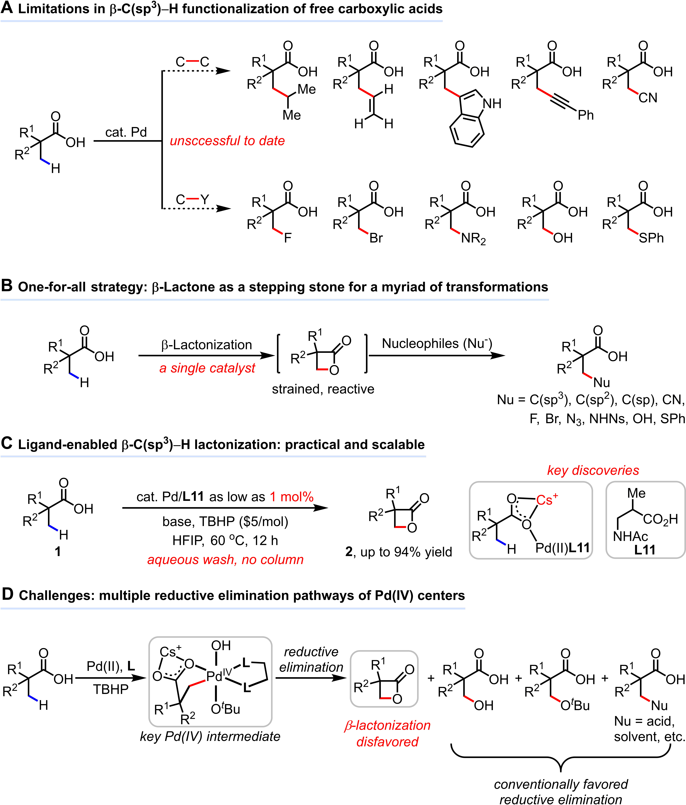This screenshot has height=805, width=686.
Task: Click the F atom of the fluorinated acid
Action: coord(288,238)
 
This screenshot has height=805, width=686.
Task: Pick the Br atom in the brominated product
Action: coord(376,238)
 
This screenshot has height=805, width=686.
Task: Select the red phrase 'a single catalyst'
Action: coord(207,368)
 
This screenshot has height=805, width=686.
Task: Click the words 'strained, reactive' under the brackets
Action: coord(323,389)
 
